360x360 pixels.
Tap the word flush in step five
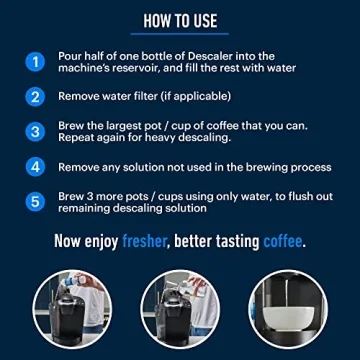[294, 196]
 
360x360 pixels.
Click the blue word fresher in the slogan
[152, 241]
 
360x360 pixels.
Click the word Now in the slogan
[73, 241]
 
